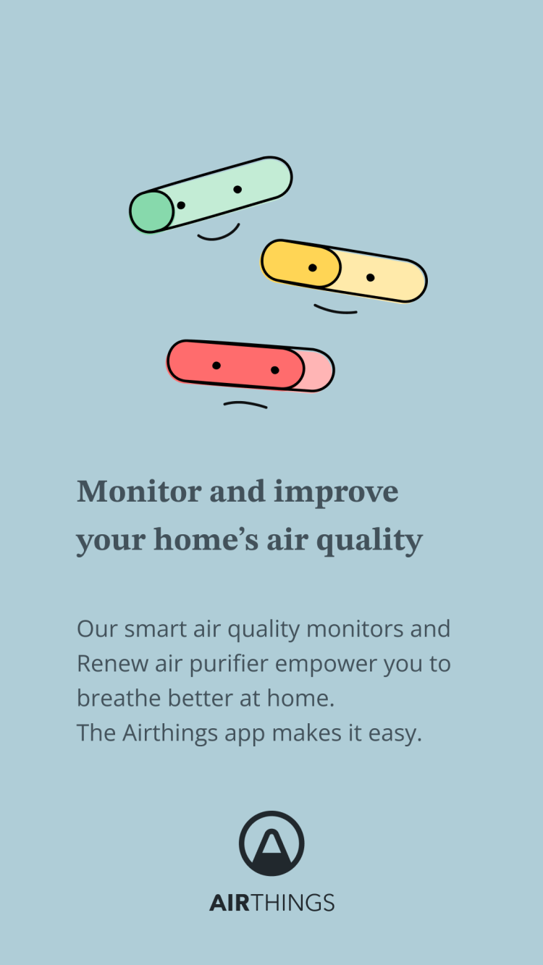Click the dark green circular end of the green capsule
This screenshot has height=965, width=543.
pos(152,212)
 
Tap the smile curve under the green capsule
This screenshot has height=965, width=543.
pos(219,235)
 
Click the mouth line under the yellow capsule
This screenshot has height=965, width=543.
pos(335,310)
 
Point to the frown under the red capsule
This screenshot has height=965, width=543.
pos(245,404)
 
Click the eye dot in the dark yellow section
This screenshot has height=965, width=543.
pos(313,268)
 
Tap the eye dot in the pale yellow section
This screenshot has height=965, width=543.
pos(370,277)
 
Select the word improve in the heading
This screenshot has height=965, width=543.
pos(336,493)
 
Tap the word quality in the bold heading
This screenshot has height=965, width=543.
pos(370,541)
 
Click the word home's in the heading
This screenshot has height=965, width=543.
pos(206,539)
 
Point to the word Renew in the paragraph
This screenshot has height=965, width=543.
pos(112,664)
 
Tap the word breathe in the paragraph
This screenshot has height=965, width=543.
pos(119,698)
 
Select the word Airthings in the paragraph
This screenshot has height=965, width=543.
pos(170,733)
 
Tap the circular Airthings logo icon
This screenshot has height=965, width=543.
pos(271,843)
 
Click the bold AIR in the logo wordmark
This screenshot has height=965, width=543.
pos(230,903)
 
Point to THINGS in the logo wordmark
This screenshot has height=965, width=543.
pos(292,903)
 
